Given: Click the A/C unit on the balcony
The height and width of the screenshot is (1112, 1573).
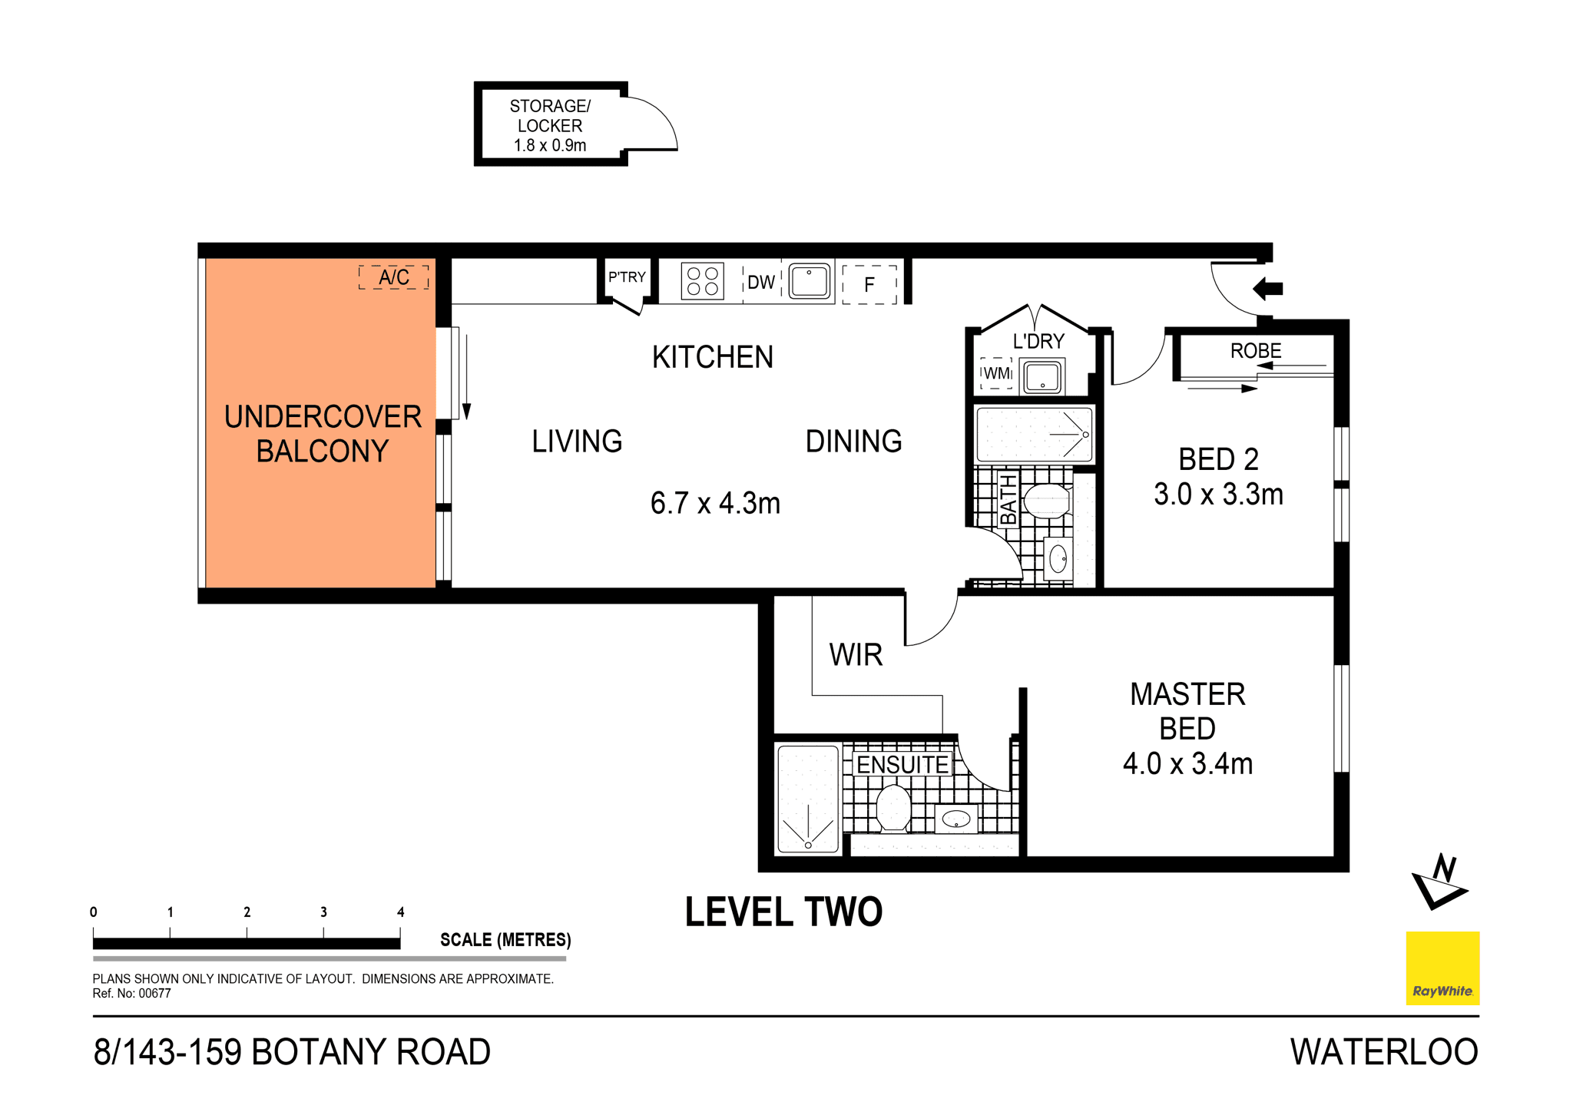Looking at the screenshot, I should [393, 277].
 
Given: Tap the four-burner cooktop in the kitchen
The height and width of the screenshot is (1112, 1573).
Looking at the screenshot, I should [702, 281].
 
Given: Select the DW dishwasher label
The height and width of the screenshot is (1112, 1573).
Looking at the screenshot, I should [760, 283].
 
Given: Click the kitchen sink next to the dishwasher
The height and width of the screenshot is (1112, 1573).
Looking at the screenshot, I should [809, 281].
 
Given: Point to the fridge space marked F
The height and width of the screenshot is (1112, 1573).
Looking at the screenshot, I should [869, 285].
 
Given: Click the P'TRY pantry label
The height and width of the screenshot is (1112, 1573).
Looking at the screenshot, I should [627, 277].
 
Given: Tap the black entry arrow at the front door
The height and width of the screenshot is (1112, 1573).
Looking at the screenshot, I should [1268, 289].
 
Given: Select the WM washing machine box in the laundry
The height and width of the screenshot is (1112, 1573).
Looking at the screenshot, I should [996, 373].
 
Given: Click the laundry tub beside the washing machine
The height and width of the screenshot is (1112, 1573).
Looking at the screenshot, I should [1042, 377].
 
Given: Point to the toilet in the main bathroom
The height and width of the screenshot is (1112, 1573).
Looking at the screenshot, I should [1045, 501].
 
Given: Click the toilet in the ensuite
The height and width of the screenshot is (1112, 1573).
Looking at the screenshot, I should [893, 807].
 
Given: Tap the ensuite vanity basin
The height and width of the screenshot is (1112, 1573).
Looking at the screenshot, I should [956, 819].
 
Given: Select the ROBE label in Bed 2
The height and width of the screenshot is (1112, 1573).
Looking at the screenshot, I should [1255, 351].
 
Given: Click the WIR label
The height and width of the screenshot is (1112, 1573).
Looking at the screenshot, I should [856, 655].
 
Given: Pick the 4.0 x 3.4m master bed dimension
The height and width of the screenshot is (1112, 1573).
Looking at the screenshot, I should [1187, 764].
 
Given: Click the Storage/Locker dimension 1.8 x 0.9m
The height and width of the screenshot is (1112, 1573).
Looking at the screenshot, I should [550, 145].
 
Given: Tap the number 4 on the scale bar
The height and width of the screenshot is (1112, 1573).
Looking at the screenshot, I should [400, 912].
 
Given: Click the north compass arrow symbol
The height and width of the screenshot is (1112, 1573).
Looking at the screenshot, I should [1439, 883].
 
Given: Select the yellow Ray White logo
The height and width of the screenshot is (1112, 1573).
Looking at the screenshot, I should [1442, 968].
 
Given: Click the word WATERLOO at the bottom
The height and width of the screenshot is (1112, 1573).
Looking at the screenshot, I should [1383, 1052].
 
